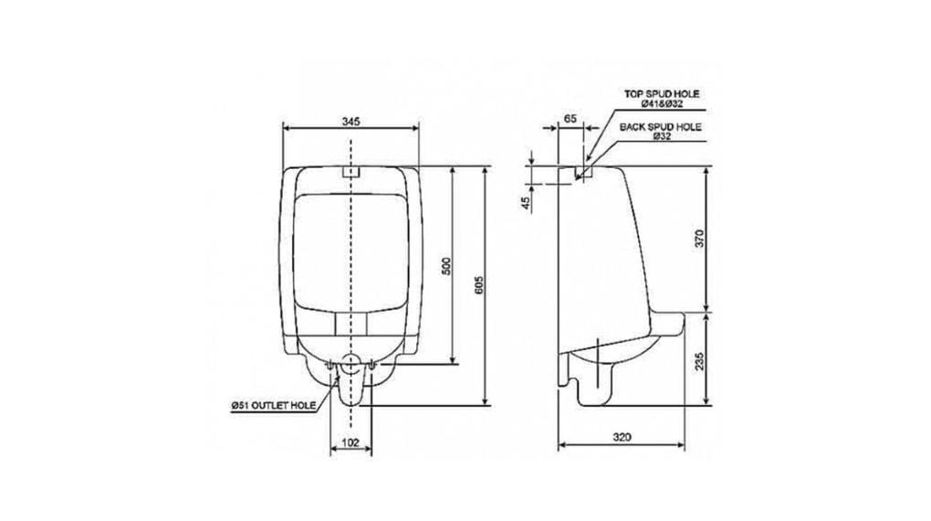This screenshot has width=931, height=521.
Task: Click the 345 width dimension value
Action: (350, 122)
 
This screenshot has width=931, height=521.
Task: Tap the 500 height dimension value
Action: (447, 265)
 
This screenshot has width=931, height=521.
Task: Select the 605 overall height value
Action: (480, 285)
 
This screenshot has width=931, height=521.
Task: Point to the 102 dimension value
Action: (350, 442)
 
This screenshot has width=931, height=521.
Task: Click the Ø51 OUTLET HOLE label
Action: (274, 406)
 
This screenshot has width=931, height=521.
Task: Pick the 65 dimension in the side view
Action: (570, 118)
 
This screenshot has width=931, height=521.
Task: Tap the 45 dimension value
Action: (526, 203)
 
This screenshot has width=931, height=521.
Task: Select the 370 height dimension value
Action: (699, 239)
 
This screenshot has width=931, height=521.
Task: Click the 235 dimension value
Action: (699, 361)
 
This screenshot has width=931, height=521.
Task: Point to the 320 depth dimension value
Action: (622, 437)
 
